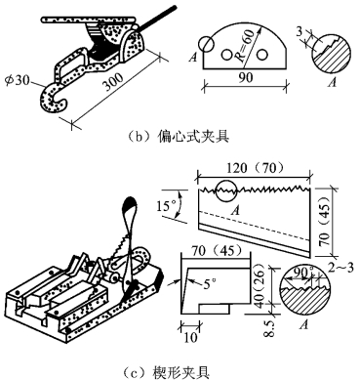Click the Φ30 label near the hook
(x=18, y=79)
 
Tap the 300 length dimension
(x=112, y=82)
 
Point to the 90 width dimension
(x=245, y=76)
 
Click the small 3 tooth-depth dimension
(x=300, y=31)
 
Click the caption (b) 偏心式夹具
(x=179, y=136)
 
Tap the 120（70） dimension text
(x=255, y=168)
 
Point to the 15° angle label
(x=167, y=206)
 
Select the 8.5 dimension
(x=270, y=329)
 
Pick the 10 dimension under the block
(x=191, y=337)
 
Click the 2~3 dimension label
(x=340, y=269)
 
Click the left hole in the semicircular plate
(x=226, y=55)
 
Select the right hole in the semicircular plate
(x=261, y=55)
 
